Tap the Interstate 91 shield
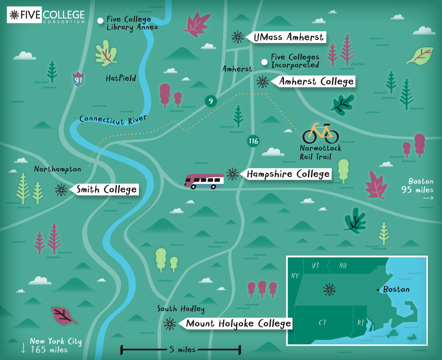78,79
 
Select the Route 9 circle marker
210,101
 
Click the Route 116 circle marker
253,141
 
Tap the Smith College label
106,190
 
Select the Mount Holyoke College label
238,324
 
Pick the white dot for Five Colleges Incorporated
264,62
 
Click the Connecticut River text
113,119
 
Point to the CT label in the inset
322,323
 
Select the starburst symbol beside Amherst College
262,81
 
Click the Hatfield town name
121,78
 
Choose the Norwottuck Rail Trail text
320,153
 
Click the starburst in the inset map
329,290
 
